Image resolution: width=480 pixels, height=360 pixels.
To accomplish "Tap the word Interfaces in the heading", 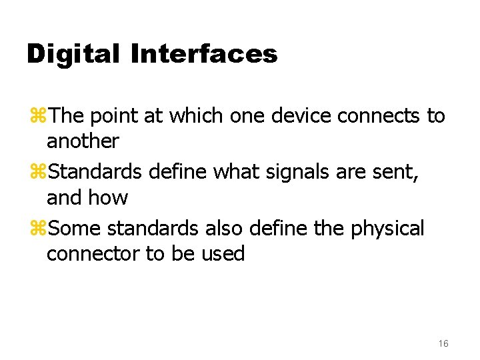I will pos(204,53).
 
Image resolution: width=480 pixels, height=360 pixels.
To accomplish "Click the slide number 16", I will pos(443,343).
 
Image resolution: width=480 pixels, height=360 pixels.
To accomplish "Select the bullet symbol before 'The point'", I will pos(37,116).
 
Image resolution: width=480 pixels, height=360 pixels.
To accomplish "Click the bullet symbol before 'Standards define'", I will pos(37,173).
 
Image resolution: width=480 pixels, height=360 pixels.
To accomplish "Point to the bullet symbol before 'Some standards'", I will pos(37,229).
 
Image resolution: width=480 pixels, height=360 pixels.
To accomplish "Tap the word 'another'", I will pos(83,141).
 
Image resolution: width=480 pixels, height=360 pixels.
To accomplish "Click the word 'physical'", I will pos(387,229).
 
